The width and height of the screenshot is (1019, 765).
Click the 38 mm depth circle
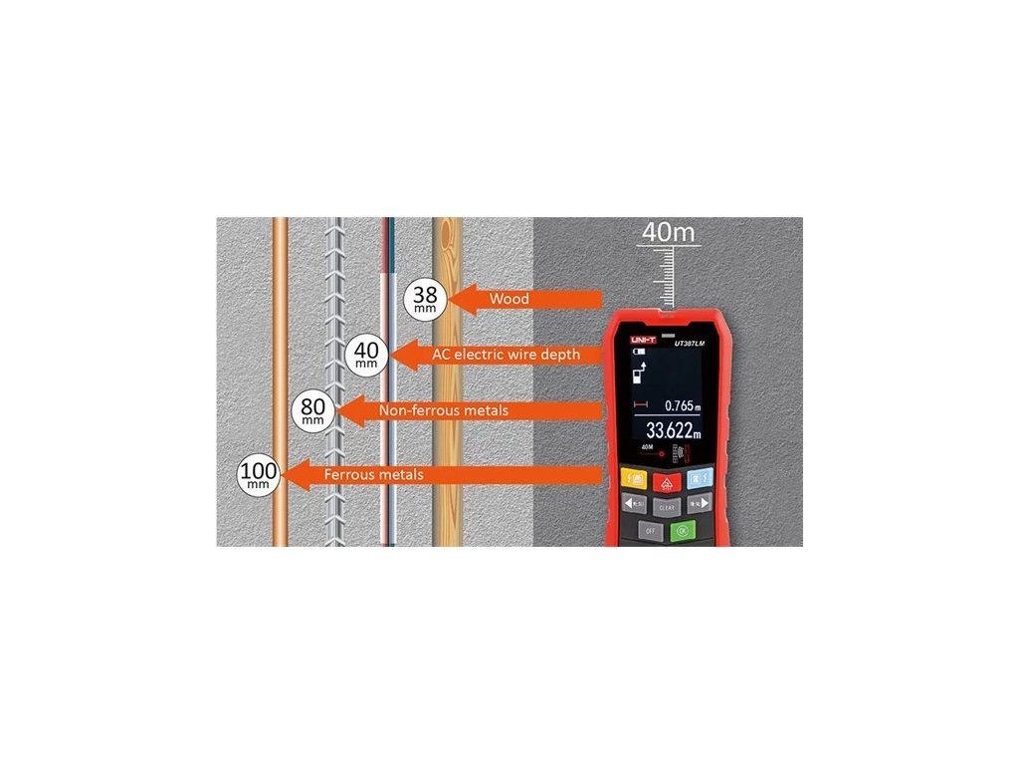425,298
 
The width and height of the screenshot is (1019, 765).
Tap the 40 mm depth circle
366,355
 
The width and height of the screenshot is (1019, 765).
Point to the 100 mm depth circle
259,474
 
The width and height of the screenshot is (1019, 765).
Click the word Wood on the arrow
509,298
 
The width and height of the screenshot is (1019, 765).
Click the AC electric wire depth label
505,354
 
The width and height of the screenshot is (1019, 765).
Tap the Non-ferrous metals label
443,410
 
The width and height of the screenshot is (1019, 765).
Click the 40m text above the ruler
668,232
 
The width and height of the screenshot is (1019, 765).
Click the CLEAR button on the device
667,506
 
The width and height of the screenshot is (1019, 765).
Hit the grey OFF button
651,531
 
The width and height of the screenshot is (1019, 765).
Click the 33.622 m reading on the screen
673,431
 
